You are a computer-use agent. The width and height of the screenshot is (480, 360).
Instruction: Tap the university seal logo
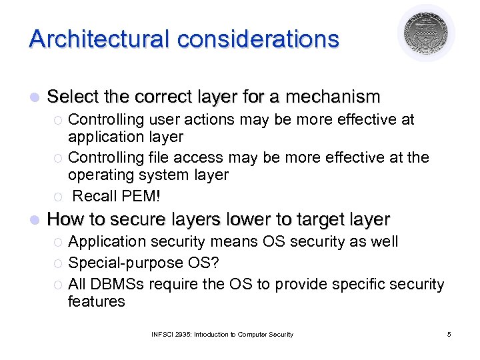pyautogui.click(x=426, y=33)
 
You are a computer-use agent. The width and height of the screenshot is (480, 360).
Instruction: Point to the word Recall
pyautogui.click(x=93, y=196)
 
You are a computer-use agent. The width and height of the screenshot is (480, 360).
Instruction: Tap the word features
pyautogui.click(x=97, y=301)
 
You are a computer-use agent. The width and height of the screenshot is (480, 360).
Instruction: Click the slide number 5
pyautogui.click(x=449, y=334)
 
